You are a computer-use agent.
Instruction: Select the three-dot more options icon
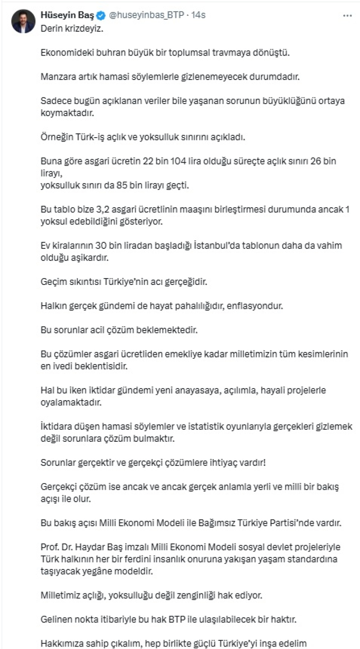348,15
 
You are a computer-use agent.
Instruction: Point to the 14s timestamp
198,15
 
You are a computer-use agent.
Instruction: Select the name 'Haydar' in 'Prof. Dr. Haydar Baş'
103,547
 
